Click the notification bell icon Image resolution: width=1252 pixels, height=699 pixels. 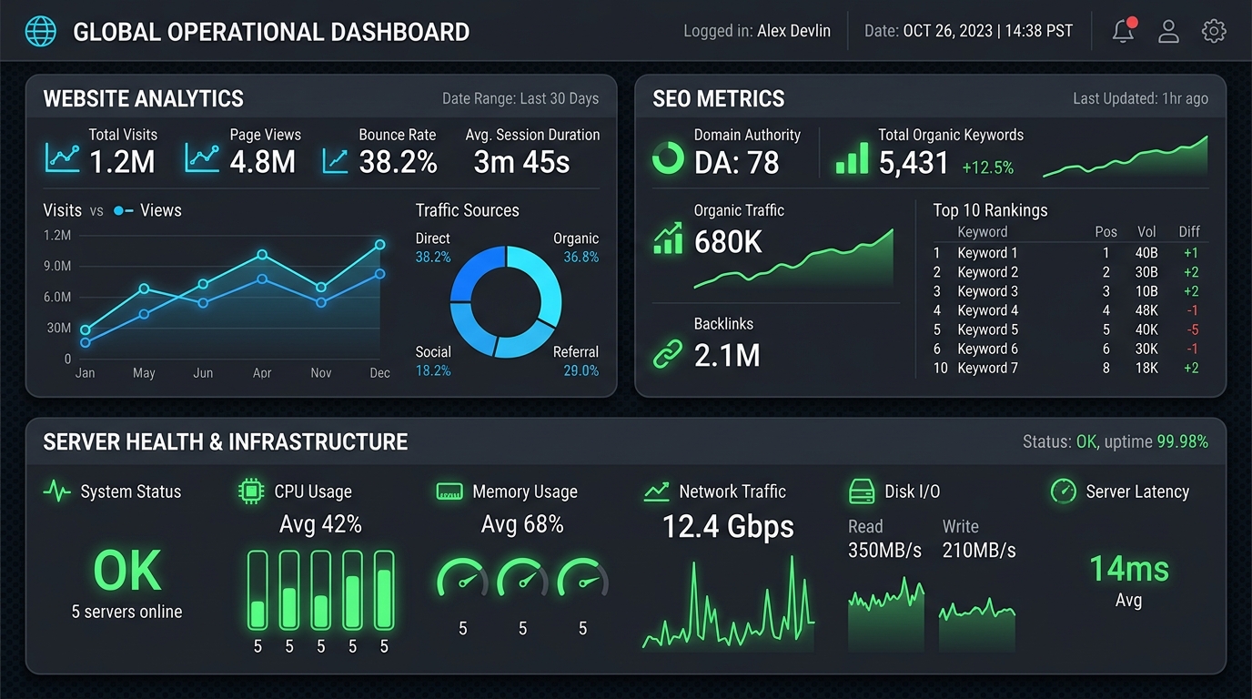1123,31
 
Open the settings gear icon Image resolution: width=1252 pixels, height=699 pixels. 1214,31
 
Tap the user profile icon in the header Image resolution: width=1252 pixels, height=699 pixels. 1168,31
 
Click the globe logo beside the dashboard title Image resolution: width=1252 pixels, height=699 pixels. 41,31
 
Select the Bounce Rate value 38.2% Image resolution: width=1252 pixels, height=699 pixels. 398,162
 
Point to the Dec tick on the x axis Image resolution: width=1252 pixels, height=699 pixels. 380,373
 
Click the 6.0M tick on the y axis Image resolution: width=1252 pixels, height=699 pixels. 57,297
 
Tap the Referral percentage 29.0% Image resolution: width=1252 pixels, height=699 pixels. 581,370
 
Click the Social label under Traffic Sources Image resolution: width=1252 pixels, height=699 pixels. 433,351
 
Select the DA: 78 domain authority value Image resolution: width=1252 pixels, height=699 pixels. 737,163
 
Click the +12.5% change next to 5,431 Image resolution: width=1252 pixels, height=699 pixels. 987,167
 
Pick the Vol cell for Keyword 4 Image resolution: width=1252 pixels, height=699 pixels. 1146,310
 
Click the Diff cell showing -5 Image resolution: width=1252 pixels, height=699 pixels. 1193,329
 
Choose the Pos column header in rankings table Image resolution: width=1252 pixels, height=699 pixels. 1106,231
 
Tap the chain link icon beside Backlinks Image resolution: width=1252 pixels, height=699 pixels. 668,354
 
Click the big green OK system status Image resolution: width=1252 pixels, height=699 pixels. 127,571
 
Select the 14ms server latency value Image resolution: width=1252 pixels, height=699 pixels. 1129,569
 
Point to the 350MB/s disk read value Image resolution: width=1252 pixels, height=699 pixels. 884,551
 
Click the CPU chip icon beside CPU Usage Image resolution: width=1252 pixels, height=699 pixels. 251,491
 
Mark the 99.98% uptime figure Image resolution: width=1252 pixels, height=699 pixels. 1182,441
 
